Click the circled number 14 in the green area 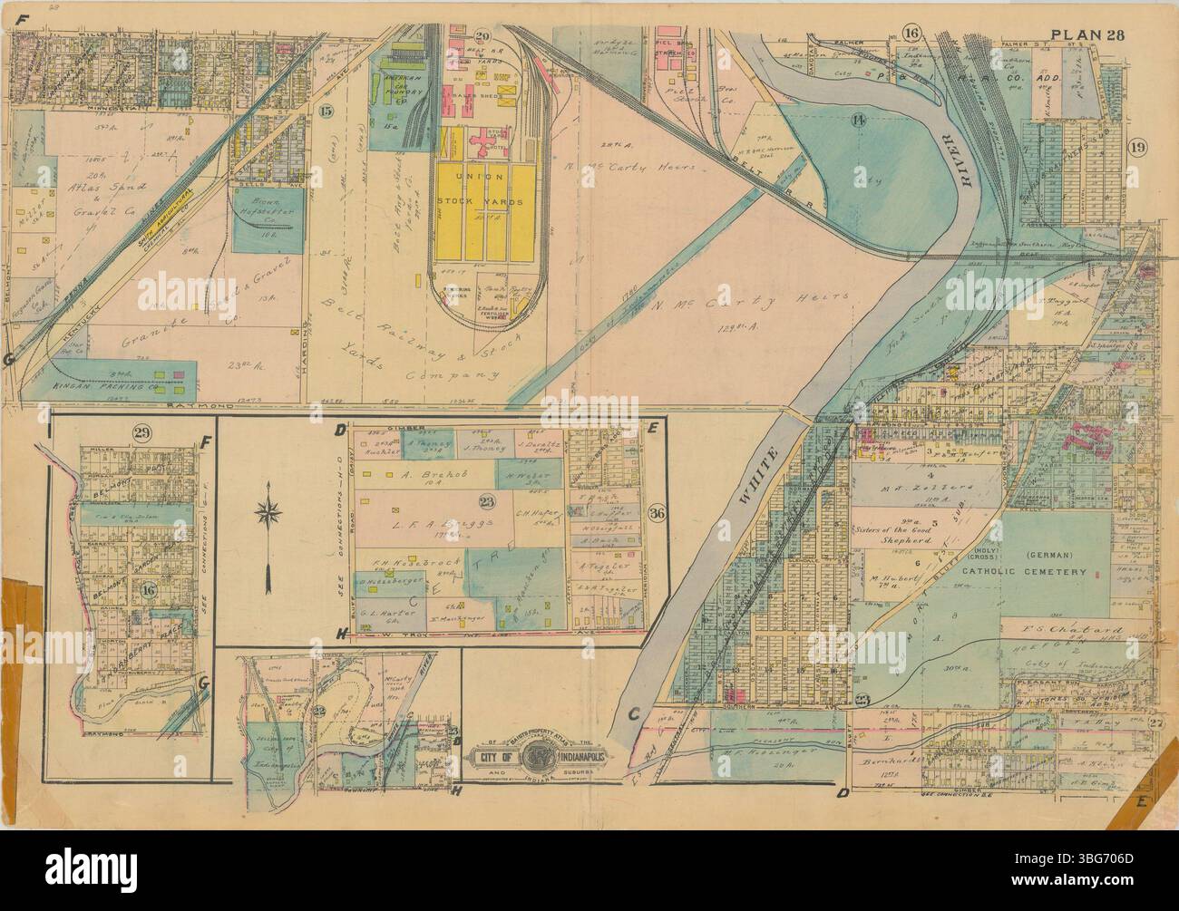[858, 121]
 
